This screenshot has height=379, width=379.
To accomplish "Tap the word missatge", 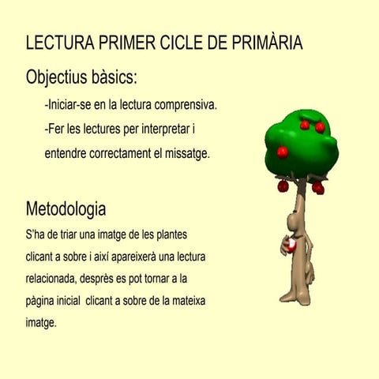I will pos(186,153).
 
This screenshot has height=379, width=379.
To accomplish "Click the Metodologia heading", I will pos(66,210).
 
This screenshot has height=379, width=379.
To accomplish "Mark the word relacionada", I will pos(53,280).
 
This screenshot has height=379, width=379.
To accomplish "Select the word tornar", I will pos(167,280).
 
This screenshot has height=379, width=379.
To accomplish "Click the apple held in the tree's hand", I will pos(291,247).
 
